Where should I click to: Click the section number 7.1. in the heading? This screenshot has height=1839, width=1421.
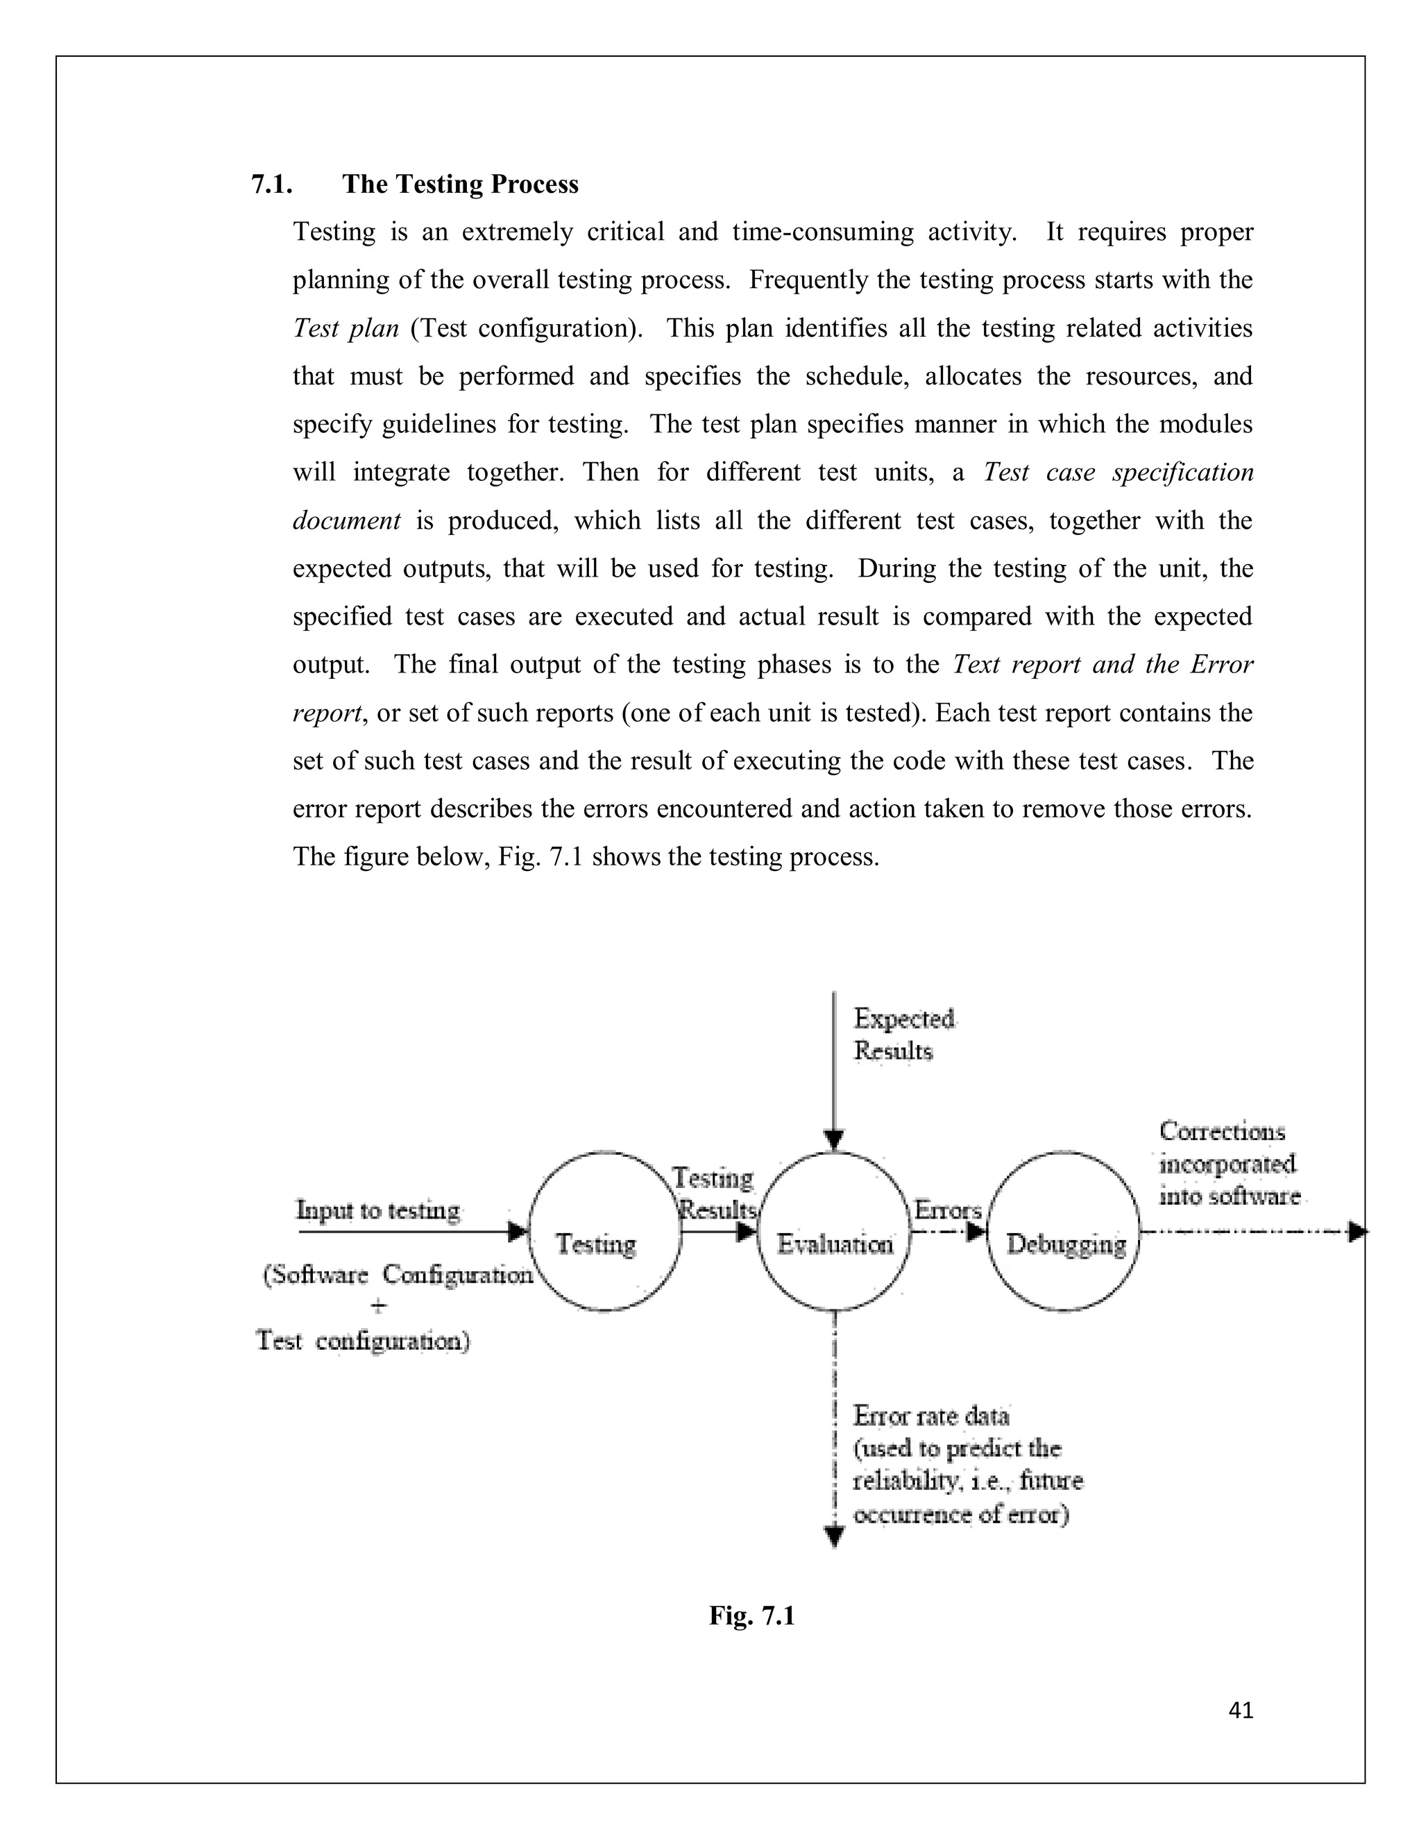click(x=271, y=185)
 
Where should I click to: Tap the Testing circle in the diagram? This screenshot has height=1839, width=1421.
click(x=604, y=1232)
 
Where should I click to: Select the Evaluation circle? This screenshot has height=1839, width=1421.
click(x=833, y=1232)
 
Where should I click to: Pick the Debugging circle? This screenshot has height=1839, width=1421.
click(x=1064, y=1232)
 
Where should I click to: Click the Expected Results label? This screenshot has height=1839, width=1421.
click(x=903, y=1035)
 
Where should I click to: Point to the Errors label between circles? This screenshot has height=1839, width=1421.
click(x=948, y=1210)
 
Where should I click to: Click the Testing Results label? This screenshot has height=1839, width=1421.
click(x=715, y=1193)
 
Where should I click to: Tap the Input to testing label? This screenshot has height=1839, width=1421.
click(x=378, y=1210)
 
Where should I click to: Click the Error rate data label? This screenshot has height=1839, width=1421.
click(x=931, y=1416)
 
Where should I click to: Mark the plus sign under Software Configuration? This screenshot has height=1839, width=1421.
click(x=380, y=1307)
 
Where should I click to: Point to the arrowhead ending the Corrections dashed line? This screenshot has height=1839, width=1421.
click(x=1356, y=1232)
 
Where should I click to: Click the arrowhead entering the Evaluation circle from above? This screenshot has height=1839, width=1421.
click(x=833, y=1140)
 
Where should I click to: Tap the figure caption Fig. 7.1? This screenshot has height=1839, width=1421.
click(x=751, y=1616)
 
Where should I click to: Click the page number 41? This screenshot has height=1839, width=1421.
click(x=1241, y=1710)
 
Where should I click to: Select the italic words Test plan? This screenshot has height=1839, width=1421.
click(x=345, y=328)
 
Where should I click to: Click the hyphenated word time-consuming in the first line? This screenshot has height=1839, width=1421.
click(x=822, y=232)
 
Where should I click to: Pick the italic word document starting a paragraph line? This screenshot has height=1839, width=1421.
click(x=346, y=520)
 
